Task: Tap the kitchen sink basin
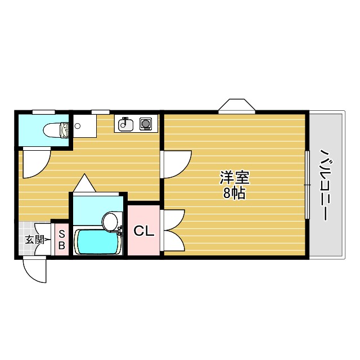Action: [x=125, y=124]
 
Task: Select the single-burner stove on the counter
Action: [x=146, y=124]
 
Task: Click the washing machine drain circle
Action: [x=78, y=126]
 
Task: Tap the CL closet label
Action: [x=143, y=231]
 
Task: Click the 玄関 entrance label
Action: [x=33, y=240]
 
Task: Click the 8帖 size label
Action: [x=234, y=194]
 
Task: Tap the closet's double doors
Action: [x=173, y=231]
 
